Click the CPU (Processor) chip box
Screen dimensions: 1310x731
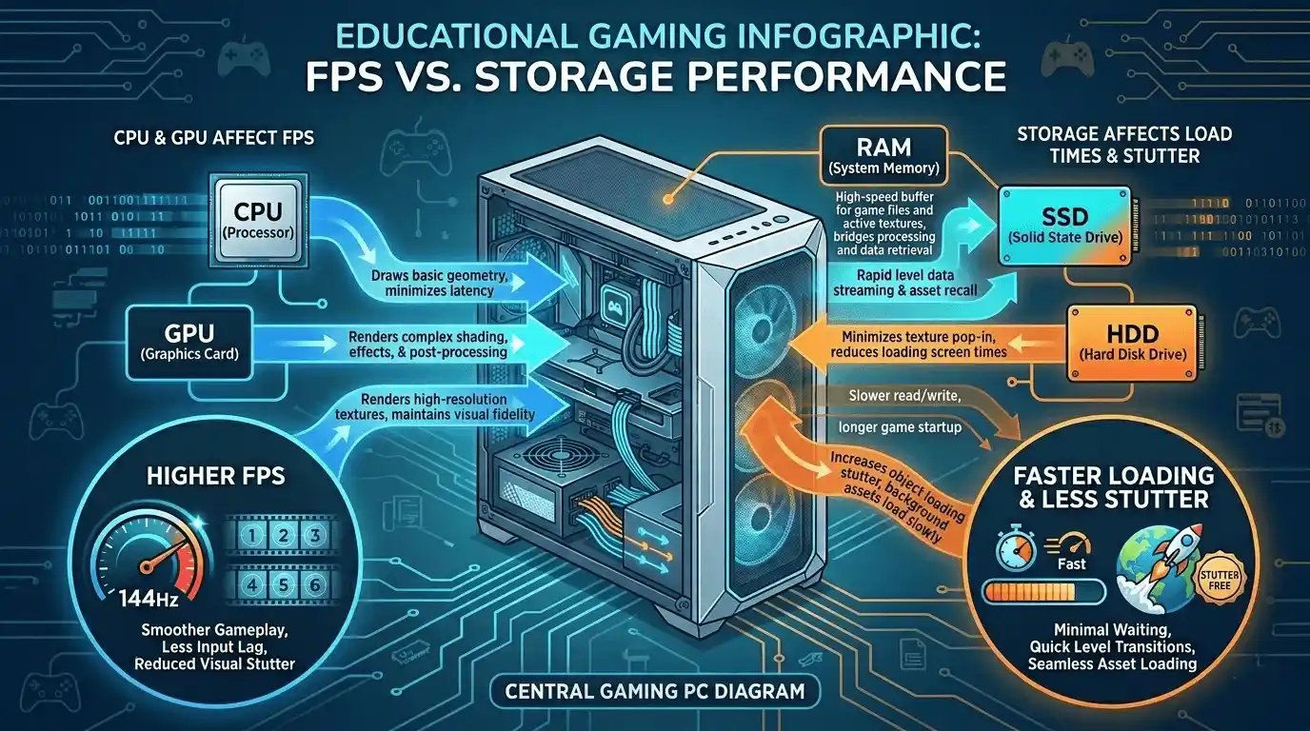(x=258, y=223)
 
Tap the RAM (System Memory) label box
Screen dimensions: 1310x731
(x=883, y=154)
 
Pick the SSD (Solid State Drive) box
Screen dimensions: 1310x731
(x=1065, y=227)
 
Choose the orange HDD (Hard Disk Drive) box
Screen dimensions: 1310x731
(x=1132, y=343)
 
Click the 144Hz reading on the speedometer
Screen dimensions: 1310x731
(x=149, y=599)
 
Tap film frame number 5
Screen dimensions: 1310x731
(x=283, y=584)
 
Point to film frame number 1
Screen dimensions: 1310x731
(x=251, y=536)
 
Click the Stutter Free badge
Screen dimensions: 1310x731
(x=1220, y=580)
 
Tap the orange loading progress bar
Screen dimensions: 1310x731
(x=1044, y=592)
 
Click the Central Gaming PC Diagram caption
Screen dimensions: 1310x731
(x=655, y=691)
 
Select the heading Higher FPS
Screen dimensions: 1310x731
(x=216, y=476)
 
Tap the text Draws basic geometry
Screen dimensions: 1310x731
(x=439, y=275)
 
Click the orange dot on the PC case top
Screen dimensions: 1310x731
(x=668, y=200)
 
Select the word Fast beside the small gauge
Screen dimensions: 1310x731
(x=1071, y=563)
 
